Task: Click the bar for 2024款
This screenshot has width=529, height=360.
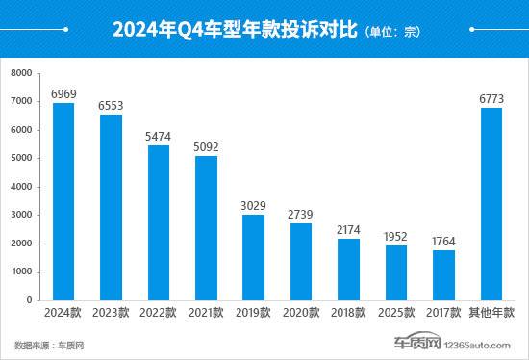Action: (63, 201)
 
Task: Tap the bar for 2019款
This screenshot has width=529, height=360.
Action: (253, 257)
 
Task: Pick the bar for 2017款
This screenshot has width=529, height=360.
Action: (443, 275)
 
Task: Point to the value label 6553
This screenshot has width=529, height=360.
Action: (111, 106)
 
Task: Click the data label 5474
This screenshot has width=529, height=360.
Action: (159, 137)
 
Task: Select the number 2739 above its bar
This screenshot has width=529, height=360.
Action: (301, 214)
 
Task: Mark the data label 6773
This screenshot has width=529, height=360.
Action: (491, 99)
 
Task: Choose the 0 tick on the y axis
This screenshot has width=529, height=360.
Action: (30, 300)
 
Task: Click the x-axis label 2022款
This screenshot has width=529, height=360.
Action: (159, 314)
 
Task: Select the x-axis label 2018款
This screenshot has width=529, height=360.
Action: (348, 314)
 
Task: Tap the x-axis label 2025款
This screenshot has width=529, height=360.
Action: (396, 314)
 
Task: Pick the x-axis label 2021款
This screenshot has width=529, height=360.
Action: (206, 314)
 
